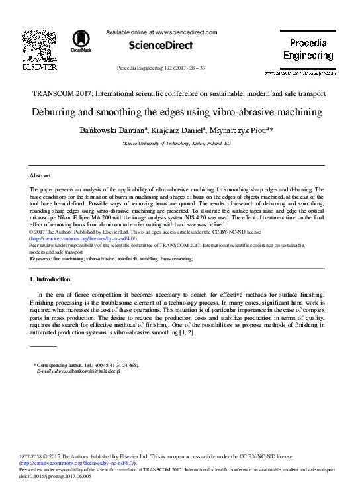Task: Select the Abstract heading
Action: [x=42, y=176]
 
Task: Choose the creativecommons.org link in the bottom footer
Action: [x=73, y=471]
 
